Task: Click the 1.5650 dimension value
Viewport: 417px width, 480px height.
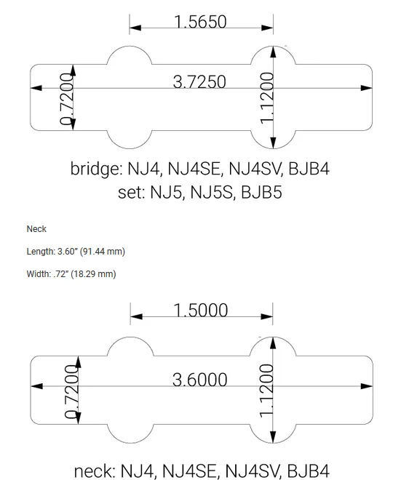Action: click(x=201, y=22)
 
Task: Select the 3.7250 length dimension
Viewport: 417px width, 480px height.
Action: click(x=201, y=81)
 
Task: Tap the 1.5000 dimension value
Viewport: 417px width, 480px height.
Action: click(x=201, y=311)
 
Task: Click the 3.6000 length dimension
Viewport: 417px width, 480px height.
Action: click(x=201, y=379)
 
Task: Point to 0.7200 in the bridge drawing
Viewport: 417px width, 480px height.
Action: click(x=68, y=99)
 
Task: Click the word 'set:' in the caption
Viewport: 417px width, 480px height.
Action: click(x=131, y=193)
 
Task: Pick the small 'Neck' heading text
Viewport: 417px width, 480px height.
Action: click(x=36, y=229)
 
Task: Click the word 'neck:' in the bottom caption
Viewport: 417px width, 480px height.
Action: click(x=94, y=470)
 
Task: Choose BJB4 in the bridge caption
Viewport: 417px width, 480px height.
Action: click(x=309, y=169)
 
